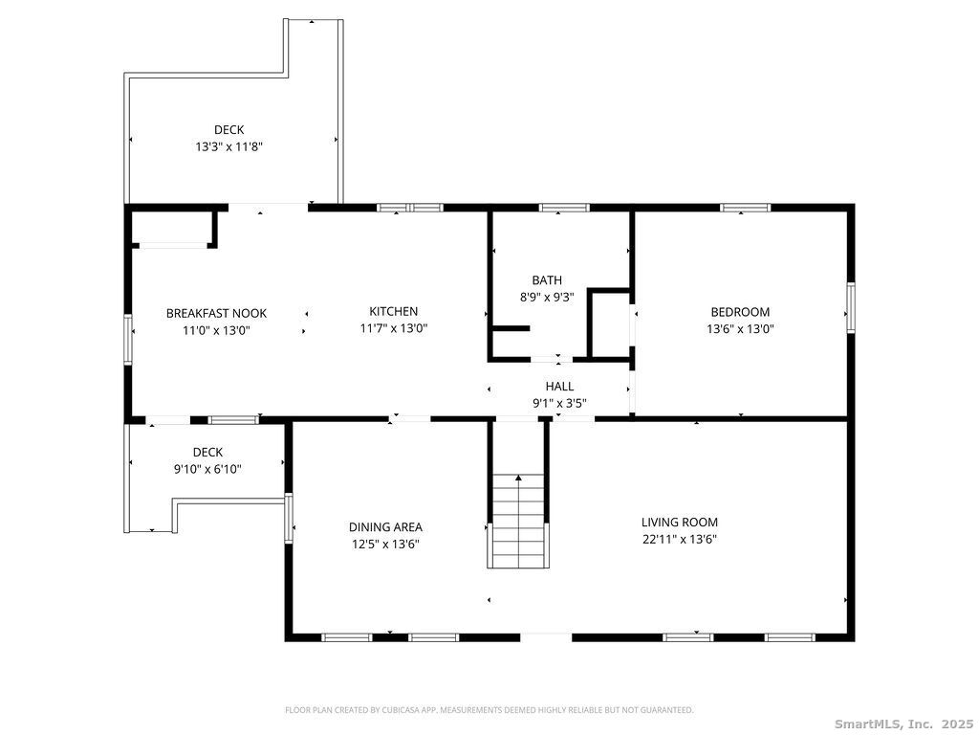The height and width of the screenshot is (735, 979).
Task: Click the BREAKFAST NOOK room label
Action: [216, 313]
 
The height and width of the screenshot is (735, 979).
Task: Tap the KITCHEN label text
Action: [393, 311]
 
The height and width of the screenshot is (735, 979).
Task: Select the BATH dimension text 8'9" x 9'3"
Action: [547, 297]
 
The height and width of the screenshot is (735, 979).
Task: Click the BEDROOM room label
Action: [739, 312]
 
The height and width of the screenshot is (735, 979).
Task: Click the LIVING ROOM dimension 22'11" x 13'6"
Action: [679, 539]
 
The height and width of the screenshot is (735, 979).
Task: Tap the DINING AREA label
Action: [385, 526]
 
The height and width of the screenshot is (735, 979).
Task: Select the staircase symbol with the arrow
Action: [518, 521]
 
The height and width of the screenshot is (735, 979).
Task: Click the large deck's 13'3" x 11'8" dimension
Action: [228, 146]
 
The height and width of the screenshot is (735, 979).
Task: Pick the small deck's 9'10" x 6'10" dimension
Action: [207, 469]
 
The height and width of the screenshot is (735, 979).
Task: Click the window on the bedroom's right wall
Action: [849, 307]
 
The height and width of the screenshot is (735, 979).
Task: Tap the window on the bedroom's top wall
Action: [745, 207]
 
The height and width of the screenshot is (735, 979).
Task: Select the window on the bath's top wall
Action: [564, 207]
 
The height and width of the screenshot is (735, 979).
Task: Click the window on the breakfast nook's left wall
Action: [128, 339]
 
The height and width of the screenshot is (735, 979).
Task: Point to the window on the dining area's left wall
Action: [289, 518]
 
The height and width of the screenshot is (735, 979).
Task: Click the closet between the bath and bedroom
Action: [609, 324]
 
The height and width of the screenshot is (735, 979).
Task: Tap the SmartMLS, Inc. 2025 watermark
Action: [903, 724]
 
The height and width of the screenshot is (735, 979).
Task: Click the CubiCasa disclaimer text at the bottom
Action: [489, 710]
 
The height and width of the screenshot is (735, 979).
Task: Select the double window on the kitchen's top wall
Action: [409, 207]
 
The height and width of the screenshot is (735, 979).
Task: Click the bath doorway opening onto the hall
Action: [553, 359]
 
